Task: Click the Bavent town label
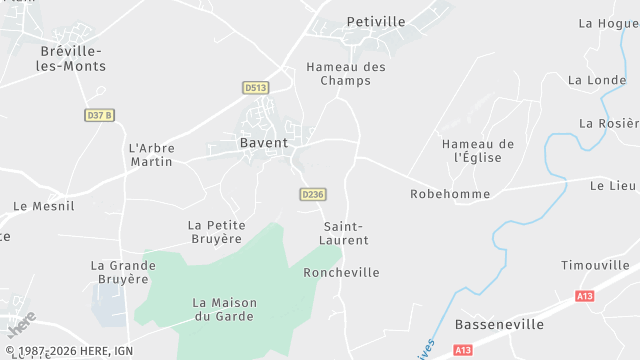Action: (264, 143)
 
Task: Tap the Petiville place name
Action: (376, 20)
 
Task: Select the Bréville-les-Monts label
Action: (73, 58)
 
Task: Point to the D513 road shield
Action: (256, 88)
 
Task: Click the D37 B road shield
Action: (98, 115)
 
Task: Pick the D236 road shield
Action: (312, 194)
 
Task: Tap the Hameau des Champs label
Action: (346, 73)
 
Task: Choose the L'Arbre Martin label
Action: (152, 154)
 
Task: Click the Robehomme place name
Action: (450, 193)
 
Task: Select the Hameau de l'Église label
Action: (478, 150)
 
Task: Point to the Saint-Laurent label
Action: (346, 233)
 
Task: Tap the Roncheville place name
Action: (341, 272)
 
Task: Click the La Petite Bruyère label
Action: (216, 231)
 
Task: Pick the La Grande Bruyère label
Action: (123, 272)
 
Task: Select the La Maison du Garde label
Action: (224, 309)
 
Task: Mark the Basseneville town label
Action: (499, 325)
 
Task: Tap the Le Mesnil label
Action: (44, 206)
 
